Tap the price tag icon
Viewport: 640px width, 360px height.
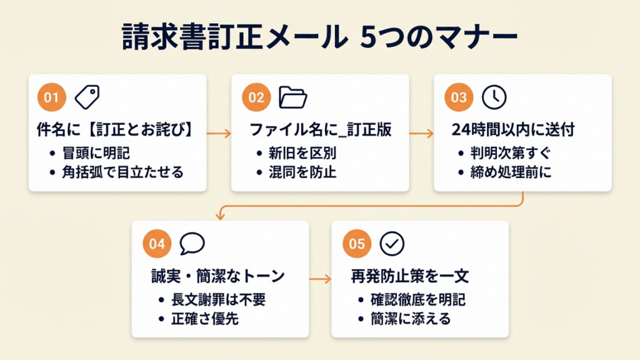[87, 97]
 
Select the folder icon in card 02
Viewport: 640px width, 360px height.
[292, 97]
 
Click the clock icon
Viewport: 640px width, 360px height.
[494, 97]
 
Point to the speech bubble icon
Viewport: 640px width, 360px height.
[192, 244]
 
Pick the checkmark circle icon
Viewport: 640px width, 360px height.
[392, 244]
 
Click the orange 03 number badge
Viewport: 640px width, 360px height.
[459, 97]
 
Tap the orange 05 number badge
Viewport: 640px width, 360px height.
[357, 244]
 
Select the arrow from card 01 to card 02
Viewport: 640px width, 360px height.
[219, 133]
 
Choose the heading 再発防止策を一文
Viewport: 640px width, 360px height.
[409, 276]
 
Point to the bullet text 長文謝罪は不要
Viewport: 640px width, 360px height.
[218, 299]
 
